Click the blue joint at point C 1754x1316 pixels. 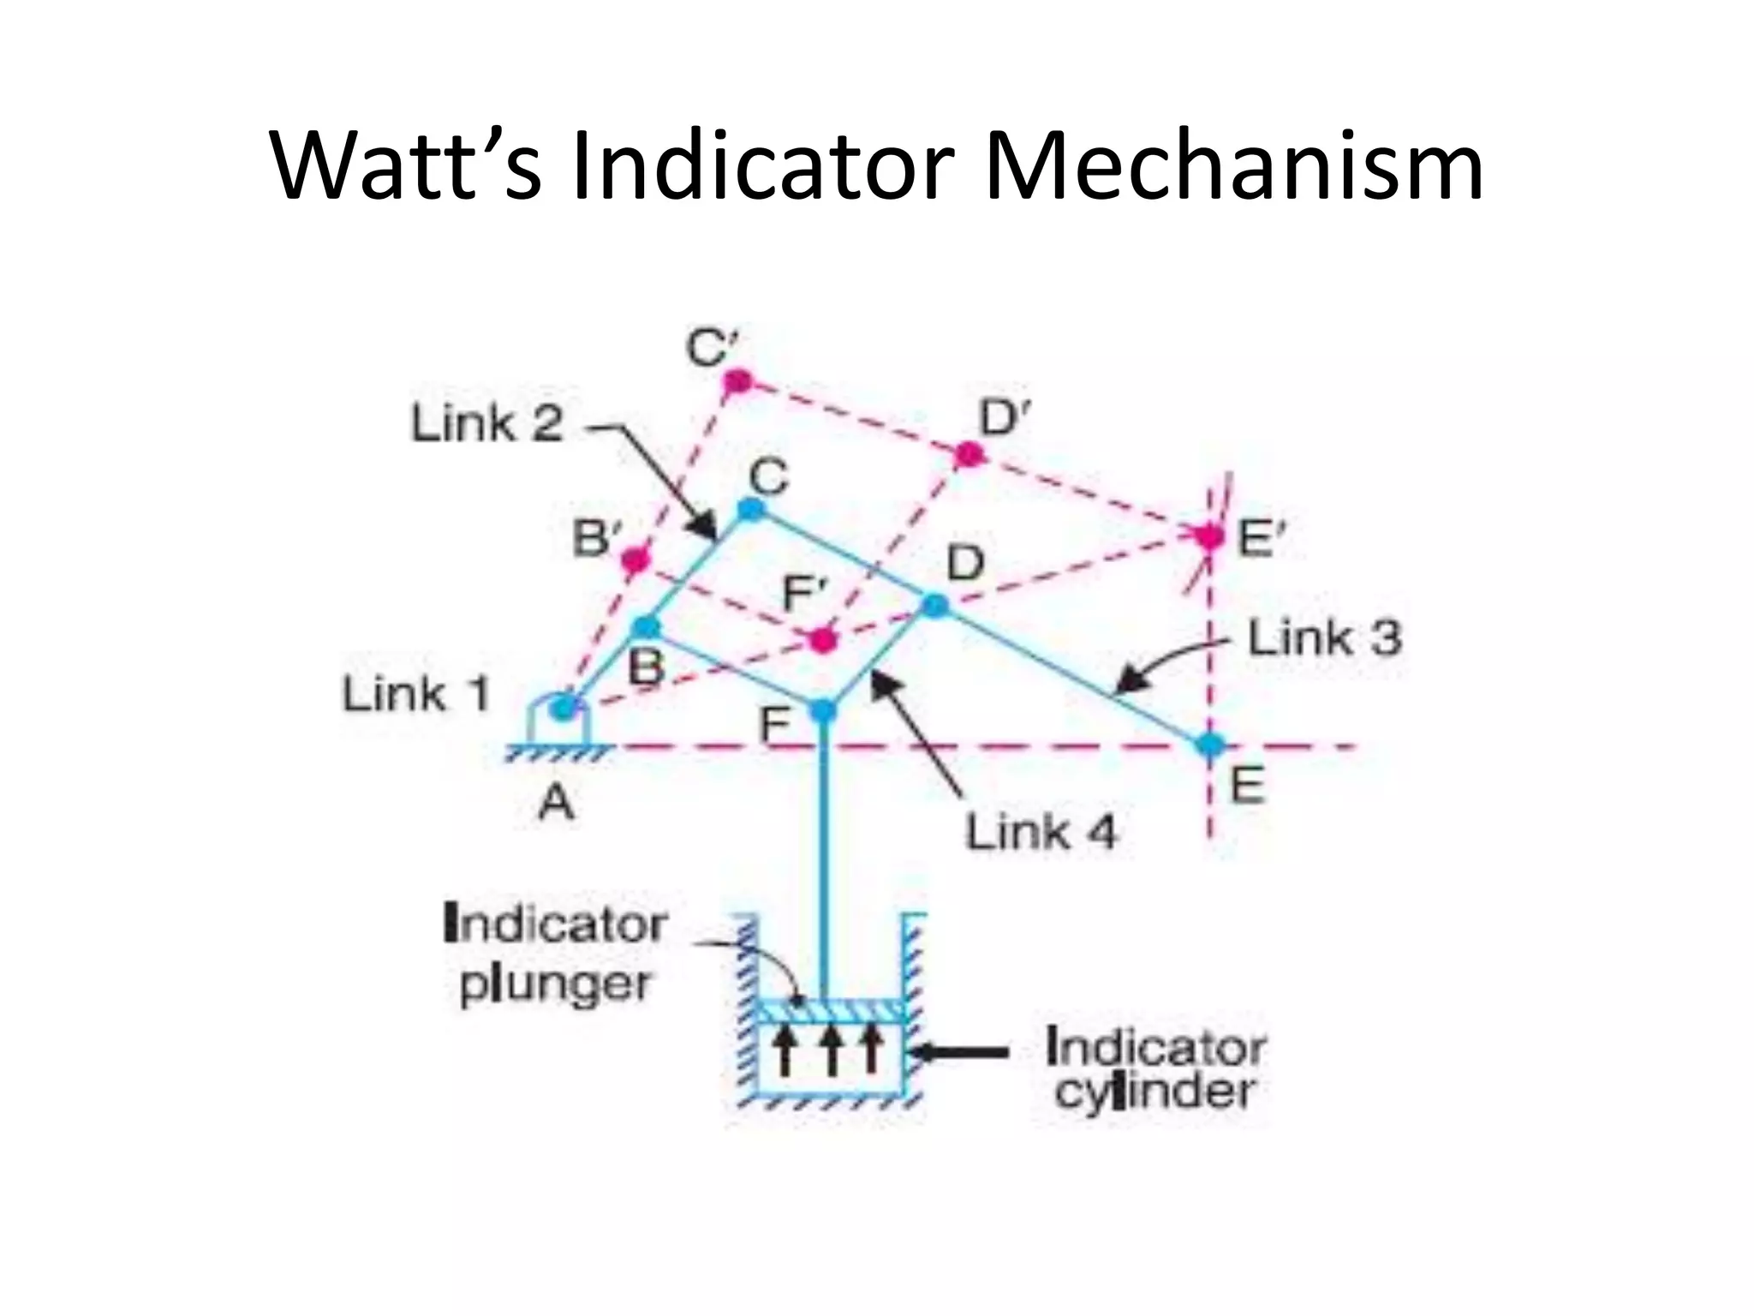point(751,510)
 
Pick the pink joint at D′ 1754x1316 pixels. point(969,455)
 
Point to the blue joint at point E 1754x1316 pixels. point(1210,745)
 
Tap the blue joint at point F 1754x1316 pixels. point(823,709)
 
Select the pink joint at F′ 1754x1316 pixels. point(823,639)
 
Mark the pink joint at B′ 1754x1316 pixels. point(635,560)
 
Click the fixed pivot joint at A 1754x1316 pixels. point(563,708)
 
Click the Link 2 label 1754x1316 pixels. point(486,424)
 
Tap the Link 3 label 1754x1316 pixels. point(1324,639)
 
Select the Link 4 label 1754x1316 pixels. point(1041,832)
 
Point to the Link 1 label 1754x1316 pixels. point(416,694)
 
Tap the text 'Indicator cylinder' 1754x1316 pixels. point(1154,1069)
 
